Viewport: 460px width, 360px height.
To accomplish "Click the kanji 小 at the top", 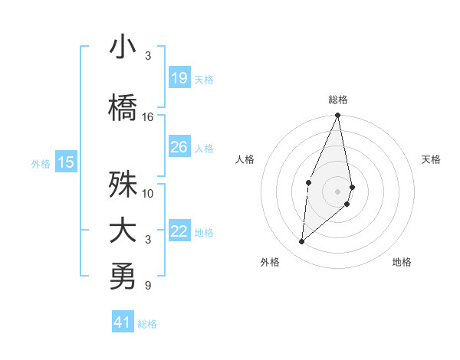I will [123, 47].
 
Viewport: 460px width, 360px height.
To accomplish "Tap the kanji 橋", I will [123, 108].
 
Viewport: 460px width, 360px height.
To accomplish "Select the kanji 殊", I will [123, 185].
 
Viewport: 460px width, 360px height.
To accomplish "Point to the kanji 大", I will [123, 231].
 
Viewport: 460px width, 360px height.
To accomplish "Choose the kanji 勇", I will [123, 277].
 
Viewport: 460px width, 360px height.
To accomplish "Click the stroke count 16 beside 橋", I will [148, 117].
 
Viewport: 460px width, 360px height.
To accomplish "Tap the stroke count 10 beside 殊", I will [148, 193].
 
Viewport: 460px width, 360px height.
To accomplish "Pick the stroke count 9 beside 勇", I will [148, 286].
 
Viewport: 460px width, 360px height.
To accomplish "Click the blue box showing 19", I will [179, 78].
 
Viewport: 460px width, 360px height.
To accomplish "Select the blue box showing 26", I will [179, 147].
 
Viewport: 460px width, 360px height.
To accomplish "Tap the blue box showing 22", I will [179, 231].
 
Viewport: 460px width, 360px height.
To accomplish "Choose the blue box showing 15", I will [66, 162].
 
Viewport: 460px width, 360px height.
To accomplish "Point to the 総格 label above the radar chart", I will [337, 100].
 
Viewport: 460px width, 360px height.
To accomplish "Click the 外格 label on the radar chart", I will [270, 262].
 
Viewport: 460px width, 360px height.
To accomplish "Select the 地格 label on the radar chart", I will [402, 262].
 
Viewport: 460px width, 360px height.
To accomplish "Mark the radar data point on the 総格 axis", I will [337, 116].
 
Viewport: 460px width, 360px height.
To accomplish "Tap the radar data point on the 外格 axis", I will [302, 242].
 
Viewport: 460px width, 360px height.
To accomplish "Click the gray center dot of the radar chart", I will [337, 190].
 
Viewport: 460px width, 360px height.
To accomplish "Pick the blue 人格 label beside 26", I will [204, 148].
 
